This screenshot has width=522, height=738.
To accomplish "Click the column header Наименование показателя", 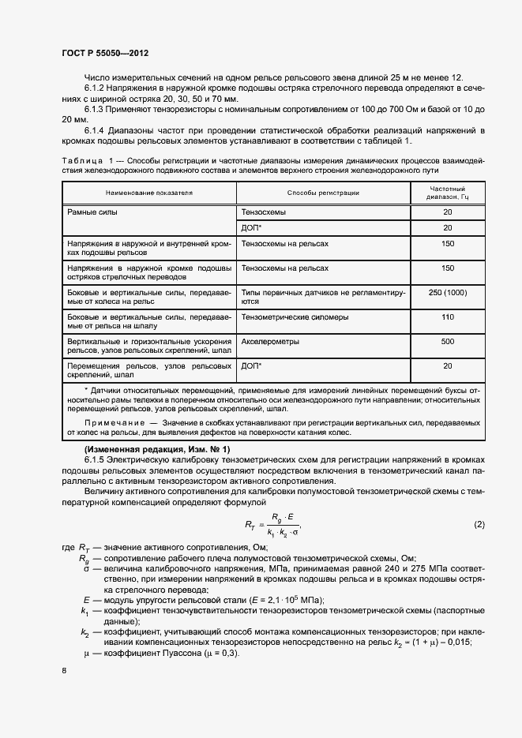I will [x=149, y=193].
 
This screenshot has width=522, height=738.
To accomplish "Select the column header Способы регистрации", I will [x=323, y=193].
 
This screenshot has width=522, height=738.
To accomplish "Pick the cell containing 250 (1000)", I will [x=448, y=293].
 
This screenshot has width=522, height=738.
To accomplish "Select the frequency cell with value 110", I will [x=448, y=317].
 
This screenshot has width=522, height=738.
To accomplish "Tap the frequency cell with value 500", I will [x=448, y=342].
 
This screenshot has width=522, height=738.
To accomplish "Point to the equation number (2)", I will [x=479, y=525].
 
